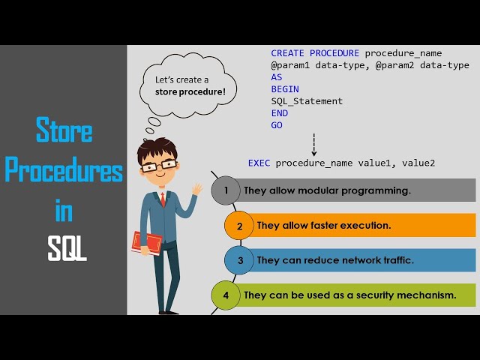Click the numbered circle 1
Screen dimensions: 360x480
[226, 190]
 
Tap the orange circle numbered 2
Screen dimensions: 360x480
[239, 225]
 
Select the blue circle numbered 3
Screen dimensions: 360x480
[240, 260]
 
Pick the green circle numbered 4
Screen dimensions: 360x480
[226, 295]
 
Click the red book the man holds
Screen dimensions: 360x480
[146, 241]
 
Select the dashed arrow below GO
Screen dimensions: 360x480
[313, 144]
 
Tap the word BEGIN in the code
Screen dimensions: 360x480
[285, 89]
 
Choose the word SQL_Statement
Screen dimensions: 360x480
[307, 101]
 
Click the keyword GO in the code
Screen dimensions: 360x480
[277, 125]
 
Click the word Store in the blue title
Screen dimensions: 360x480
[64, 132]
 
